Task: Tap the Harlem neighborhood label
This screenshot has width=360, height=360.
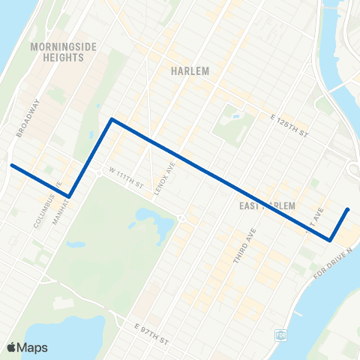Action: [189, 71]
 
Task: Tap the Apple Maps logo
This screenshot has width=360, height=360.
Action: [27, 347]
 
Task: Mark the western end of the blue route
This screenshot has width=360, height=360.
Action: [10, 165]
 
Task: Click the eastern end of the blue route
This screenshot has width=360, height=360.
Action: [349, 209]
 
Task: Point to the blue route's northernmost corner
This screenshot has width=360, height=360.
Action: [112, 118]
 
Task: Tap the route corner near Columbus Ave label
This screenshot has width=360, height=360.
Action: [69, 196]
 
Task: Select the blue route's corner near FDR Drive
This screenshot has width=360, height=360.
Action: [330, 240]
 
